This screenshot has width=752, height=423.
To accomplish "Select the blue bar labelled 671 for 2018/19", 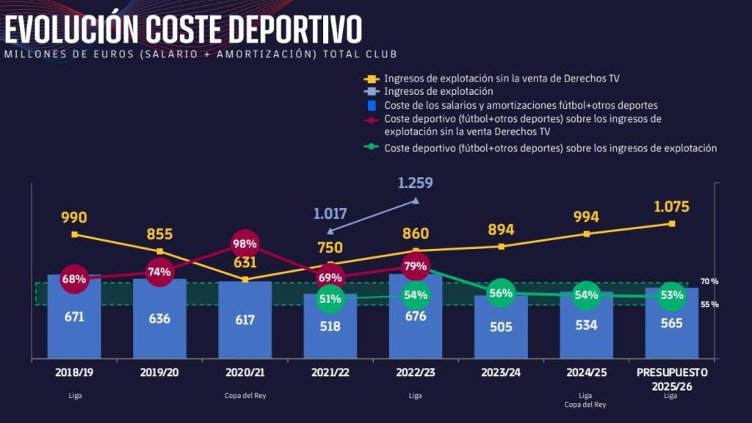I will (x=74, y=323).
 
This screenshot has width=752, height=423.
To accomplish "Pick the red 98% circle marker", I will (x=245, y=244).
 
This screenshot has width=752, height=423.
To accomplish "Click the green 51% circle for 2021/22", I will (x=330, y=299).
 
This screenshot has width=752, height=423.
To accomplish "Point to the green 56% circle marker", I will (x=501, y=293).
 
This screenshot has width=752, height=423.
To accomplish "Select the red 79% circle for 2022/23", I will (x=415, y=266).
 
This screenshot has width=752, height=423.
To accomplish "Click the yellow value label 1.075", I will (x=671, y=206).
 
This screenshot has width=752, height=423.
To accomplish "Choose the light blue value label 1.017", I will (x=331, y=214).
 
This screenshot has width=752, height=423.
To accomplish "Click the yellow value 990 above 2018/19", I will (x=74, y=217).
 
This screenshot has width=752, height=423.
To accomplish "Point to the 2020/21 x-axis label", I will (x=245, y=372).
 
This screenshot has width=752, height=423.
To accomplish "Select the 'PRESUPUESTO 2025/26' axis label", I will (x=671, y=378).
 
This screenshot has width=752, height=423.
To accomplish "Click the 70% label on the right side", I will (x=709, y=281).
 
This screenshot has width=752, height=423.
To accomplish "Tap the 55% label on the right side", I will (x=709, y=304).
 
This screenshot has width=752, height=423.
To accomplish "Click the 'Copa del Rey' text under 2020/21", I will (x=245, y=396).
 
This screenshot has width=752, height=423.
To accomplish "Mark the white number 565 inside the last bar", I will (x=671, y=322).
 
